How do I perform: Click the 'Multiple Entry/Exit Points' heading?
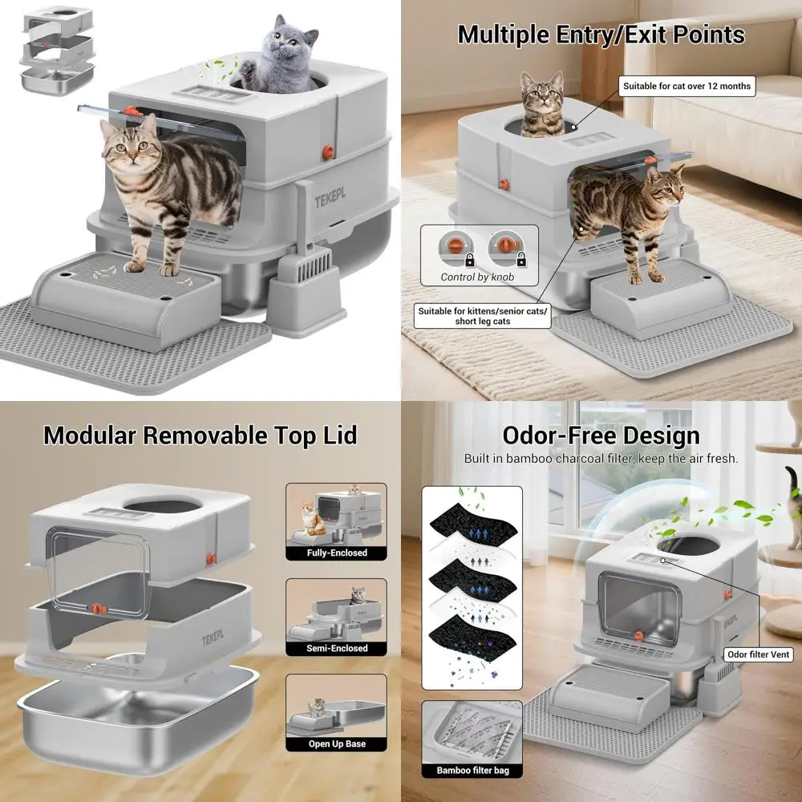tap(601, 34)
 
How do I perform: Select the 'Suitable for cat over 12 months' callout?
tap(688, 85)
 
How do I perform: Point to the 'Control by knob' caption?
tap(477, 277)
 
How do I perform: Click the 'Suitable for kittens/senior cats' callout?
tap(484, 316)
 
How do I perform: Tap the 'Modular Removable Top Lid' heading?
tap(200, 435)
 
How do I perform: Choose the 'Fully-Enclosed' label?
tap(337, 553)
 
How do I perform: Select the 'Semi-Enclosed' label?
tap(337, 648)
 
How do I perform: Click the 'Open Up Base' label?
tap(337, 743)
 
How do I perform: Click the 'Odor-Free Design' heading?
tap(601, 435)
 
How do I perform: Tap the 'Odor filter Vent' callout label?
tap(758, 654)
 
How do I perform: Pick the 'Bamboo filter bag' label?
tap(472, 771)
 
